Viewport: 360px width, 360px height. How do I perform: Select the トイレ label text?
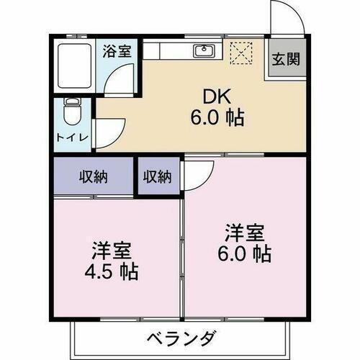click(73, 136)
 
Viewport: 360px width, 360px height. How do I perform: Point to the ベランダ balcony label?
click(182, 337)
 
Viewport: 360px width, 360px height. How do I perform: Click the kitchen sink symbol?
click(204, 50)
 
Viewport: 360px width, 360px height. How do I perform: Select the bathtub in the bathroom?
click(73, 64)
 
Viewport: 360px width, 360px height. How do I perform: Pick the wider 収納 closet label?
click(93, 176)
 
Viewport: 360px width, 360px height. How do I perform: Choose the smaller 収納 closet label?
click(157, 176)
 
